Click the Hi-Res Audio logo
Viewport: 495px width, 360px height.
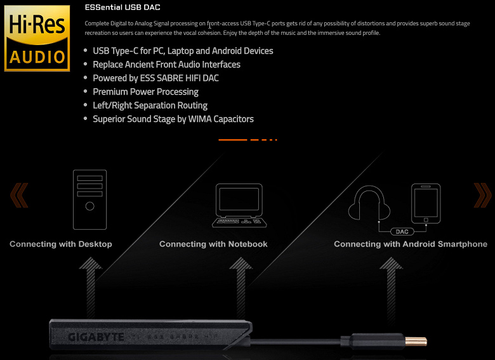[37, 38]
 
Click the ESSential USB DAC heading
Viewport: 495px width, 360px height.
[122, 7]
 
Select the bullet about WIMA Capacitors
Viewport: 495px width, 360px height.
[173, 119]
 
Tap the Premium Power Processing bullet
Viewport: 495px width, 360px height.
[145, 92]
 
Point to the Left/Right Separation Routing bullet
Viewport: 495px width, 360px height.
[150, 105]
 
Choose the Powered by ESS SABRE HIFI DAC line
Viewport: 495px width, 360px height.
[155, 78]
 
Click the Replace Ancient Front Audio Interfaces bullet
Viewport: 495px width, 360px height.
[166, 64]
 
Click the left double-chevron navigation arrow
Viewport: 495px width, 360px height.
[19, 195]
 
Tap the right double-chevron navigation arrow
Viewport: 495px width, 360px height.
[483, 195]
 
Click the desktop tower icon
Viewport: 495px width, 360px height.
[89, 199]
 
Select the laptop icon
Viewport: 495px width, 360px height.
[239, 206]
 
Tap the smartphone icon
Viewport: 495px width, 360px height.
[426, 204]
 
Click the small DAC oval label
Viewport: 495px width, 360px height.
[402, 232]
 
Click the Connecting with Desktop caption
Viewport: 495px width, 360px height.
[61, 244]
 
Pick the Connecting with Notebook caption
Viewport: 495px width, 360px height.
[213, 244]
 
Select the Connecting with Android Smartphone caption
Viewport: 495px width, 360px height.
[411, 244]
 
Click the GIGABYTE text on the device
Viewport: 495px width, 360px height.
[96, 337]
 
